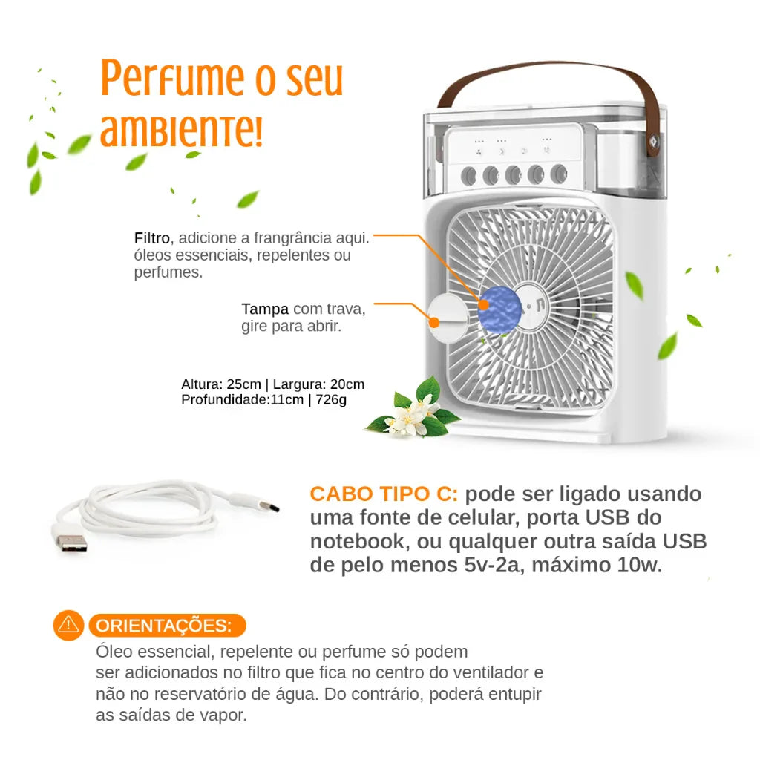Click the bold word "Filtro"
pyautogui.click(x=152, y=238)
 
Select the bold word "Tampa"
pyautogui.click(x=264, y=309)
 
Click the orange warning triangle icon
pyautogui.click(x=68, y=625)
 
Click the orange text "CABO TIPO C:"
pyautogui.click(x=384, y=494)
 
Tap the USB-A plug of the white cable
pyautogui.click(x=70, y=540)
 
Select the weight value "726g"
pyautogui.click(x=330, y=399)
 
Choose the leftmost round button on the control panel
pyautogui.click(x=468, y=175)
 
